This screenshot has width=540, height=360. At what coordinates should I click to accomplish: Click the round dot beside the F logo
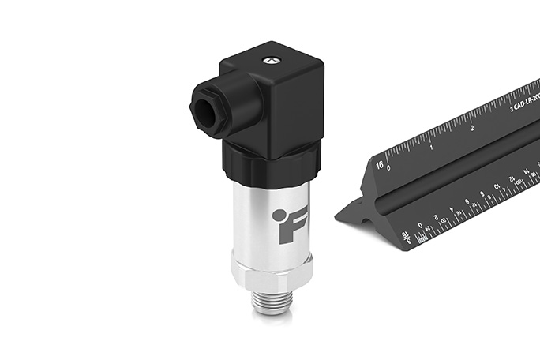(278, 214)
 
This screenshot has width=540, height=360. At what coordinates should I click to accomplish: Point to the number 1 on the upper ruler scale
(431, 147)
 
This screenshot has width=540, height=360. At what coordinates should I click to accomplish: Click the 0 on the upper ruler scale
(389, 168)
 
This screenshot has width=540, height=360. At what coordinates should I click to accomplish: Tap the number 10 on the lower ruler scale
(498, 186)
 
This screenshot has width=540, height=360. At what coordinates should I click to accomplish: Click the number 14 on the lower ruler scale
(527, 171)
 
